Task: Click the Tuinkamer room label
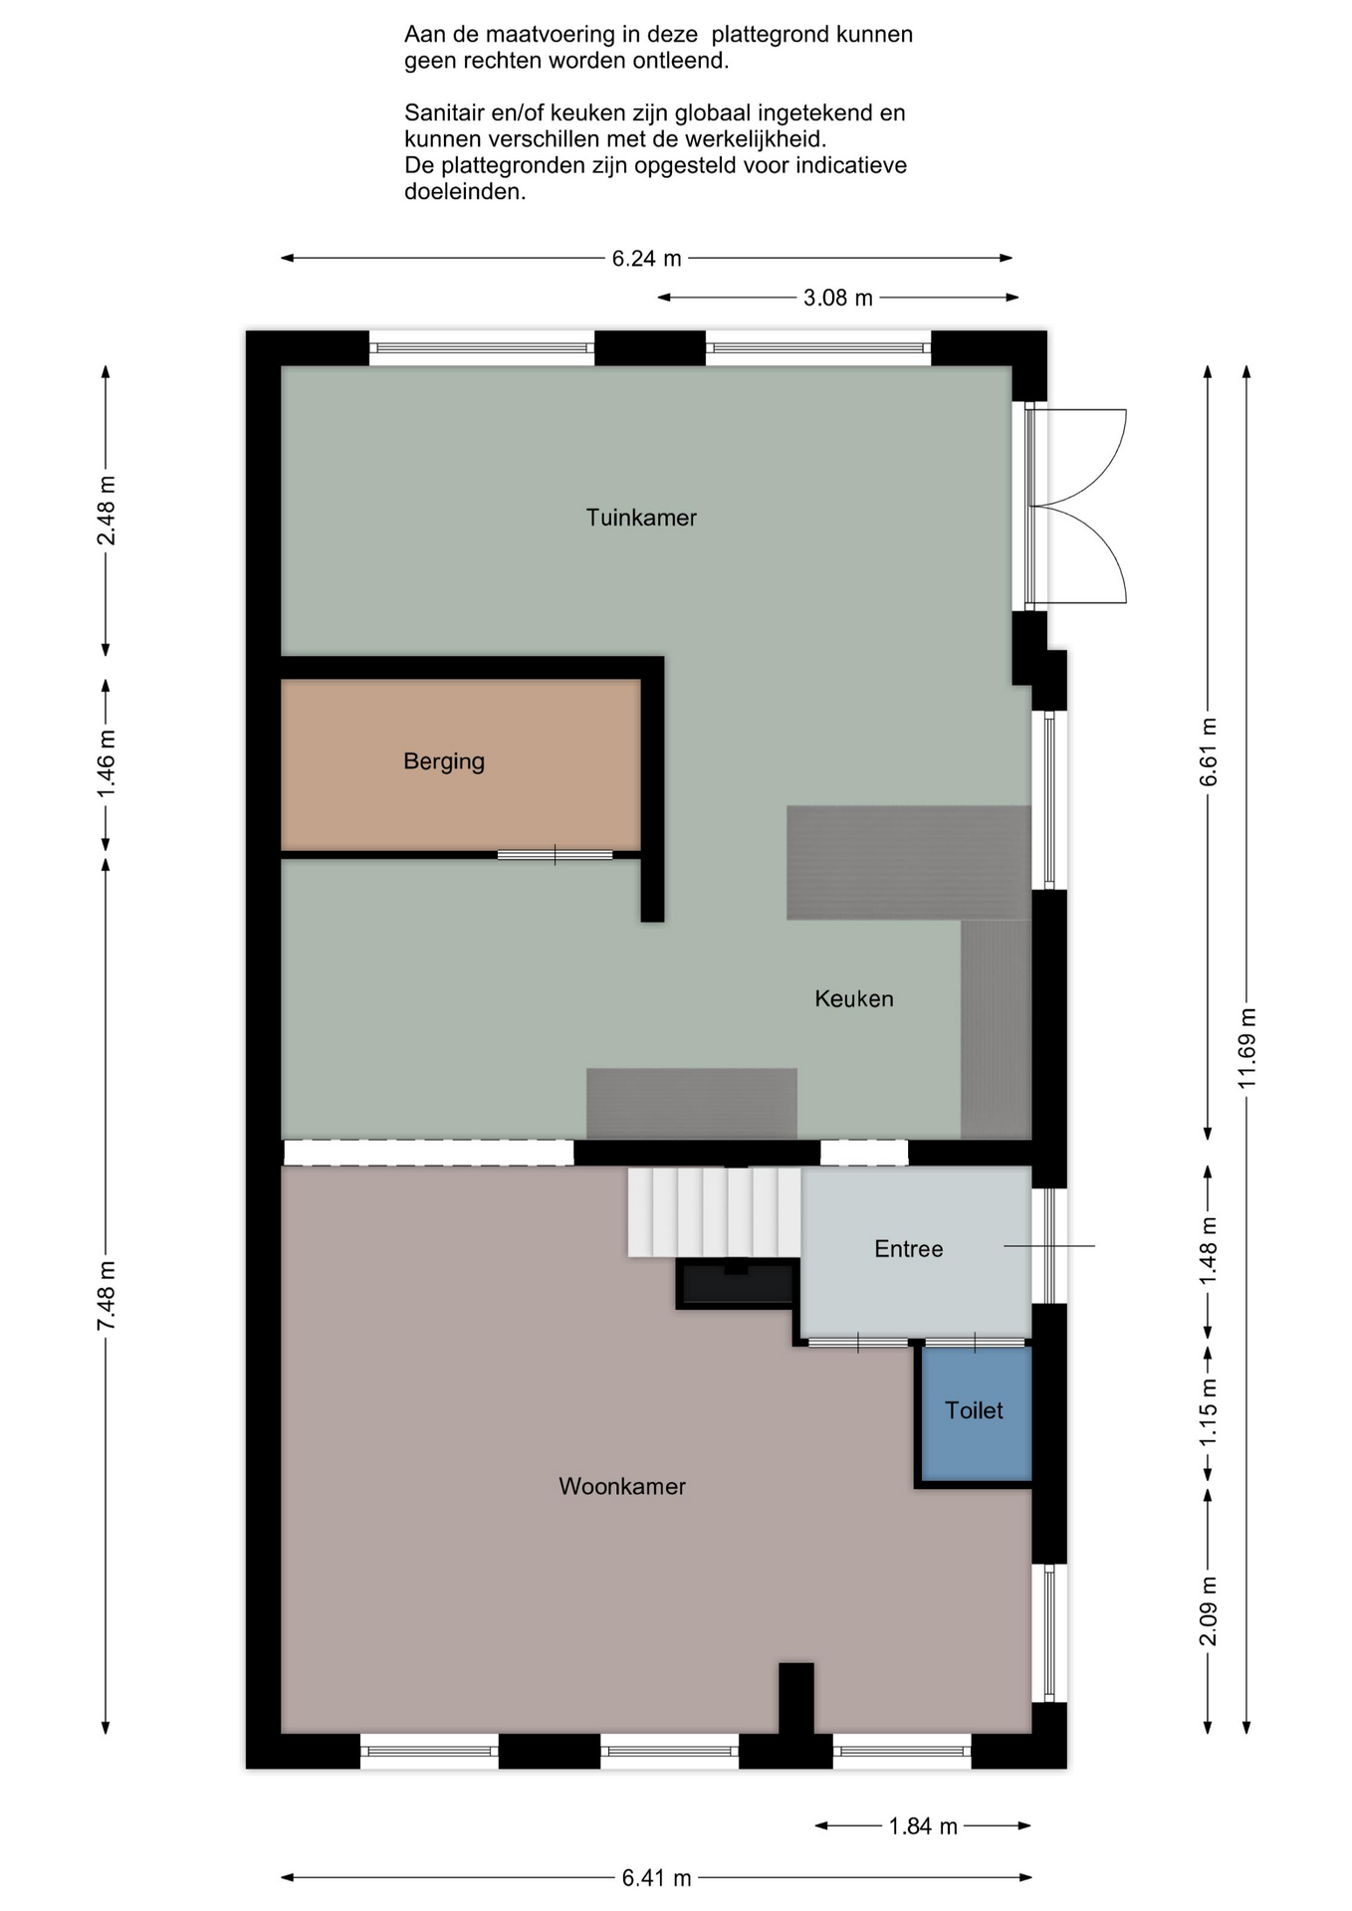(x=640, y=518)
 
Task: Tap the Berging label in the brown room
(x=444, y=761)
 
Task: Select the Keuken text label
(x=854, y=998)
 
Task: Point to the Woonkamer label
(x=622, y=1486)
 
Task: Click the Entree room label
(x=908, y=1249)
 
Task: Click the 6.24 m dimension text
(x=647, y=259)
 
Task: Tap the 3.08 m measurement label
(x=838, y=298)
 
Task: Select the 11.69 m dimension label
(x=1247, y=1048)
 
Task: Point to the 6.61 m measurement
(x=1209, y=751)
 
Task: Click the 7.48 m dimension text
(x=107, y=1295)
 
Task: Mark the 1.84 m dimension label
(x=923, y=1826)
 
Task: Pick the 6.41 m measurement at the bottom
(x=656, y=1878)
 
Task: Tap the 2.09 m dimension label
(x=1209, y=1611)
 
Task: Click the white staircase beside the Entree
(x=715, y=1211)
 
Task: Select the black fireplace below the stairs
(x=737, y=1284)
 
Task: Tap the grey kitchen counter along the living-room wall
(x=692, y=1103)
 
